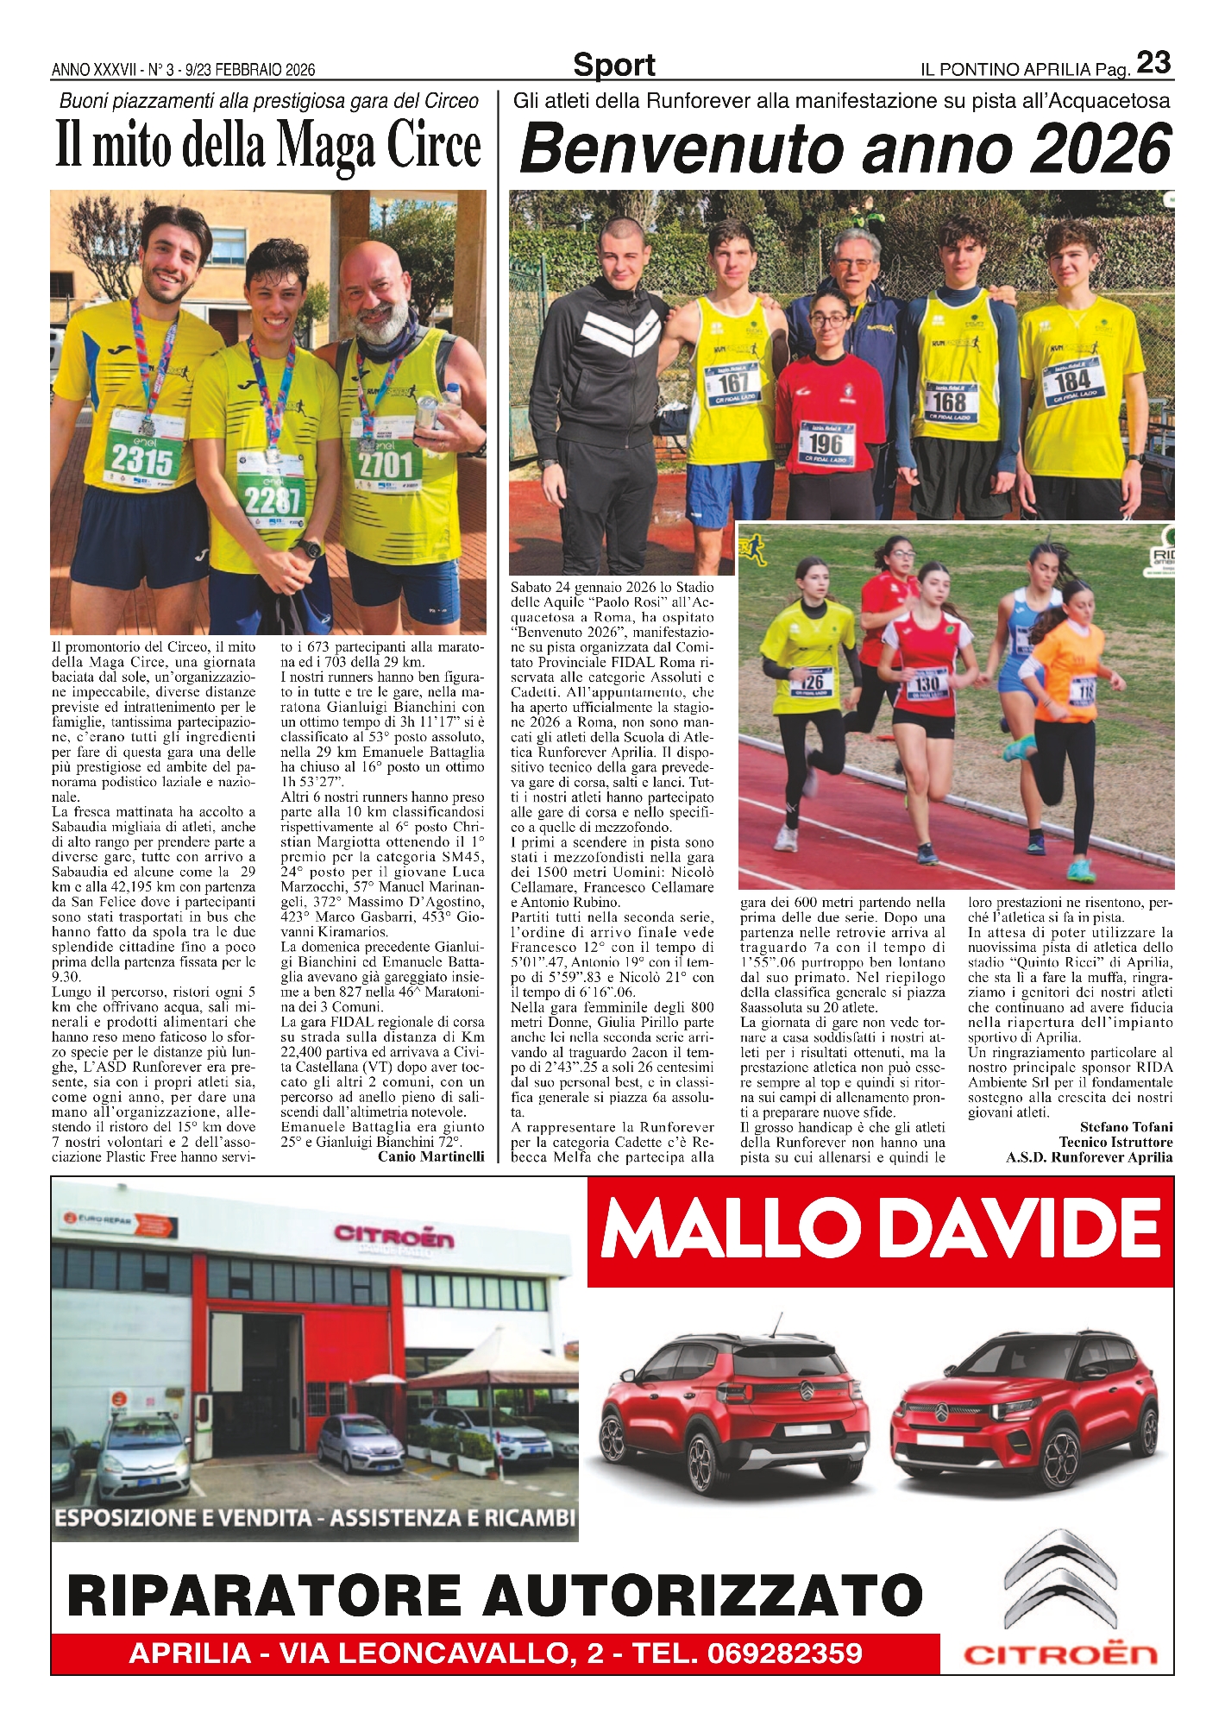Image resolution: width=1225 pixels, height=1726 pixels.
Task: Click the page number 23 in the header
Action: pos(1153,63)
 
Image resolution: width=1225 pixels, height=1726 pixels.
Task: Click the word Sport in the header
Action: pos(613,65)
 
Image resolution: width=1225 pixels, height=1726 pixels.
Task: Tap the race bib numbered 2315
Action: pos(142,459)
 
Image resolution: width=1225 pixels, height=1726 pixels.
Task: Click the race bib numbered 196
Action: pos(826,443)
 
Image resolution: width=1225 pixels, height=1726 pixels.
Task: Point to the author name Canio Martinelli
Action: pos(430,1156)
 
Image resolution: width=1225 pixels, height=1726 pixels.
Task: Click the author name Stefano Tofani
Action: pos(1126,1127)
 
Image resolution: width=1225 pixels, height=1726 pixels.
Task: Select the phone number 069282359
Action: pos(784,1653)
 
